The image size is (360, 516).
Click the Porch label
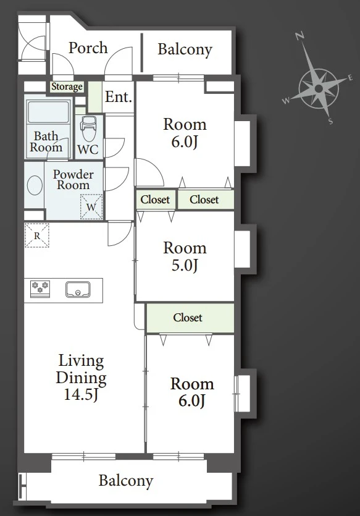pos(88,48)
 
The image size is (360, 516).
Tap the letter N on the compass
pos(299,36)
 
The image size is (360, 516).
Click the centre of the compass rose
pos(319,88)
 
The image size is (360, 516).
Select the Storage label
pos(67,87)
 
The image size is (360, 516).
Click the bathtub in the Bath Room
pos(48,112)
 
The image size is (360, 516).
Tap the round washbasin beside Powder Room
pos(35,185)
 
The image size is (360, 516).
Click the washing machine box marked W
pos(91,206)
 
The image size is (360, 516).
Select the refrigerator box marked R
pos(37,235)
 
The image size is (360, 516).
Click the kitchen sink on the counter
pos(78,290)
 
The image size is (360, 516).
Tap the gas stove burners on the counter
pos(40,289)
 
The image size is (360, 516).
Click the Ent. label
pos(119,97)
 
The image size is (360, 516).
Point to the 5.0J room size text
pos(185,265)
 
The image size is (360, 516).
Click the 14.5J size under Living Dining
pos(81,394)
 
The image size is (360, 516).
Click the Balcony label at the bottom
pos(126,481)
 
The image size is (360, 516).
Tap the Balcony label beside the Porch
pos(185,49)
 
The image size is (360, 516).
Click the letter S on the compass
pos(331,122)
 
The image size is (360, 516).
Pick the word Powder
pos(73,174)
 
